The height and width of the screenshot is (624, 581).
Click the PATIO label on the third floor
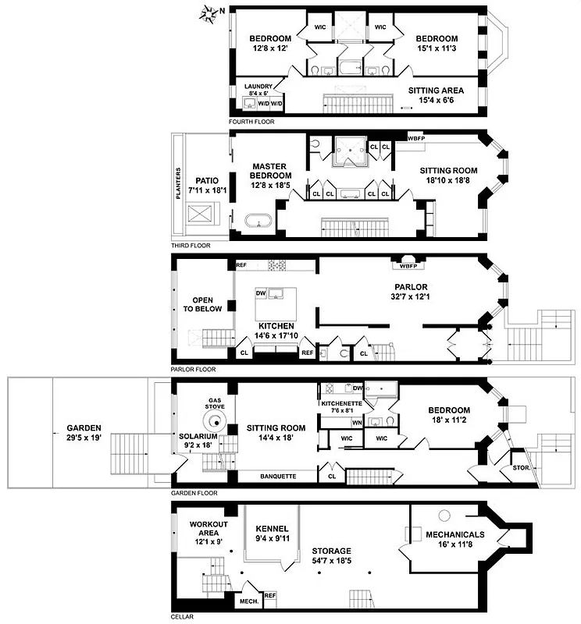[207, 180]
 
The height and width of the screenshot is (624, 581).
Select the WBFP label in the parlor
[408, 263]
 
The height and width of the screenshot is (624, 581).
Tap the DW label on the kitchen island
[261, 293]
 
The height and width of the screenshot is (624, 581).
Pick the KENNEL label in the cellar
[272, 528]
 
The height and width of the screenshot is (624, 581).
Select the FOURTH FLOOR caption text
[251, 122]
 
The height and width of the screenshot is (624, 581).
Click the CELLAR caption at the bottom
[183, 617]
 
